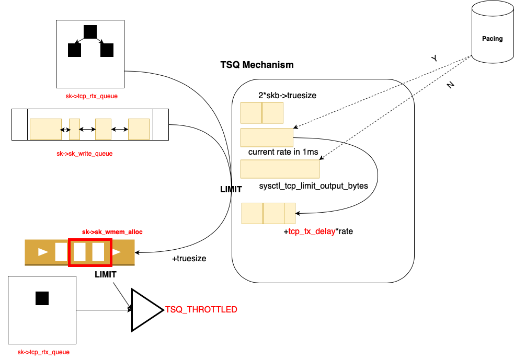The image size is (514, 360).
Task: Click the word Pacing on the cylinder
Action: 492,39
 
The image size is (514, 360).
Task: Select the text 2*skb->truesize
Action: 287,96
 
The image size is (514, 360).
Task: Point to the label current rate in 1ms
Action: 283,152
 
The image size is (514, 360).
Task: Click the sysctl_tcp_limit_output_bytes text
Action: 313,186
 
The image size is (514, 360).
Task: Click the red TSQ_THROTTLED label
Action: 201,310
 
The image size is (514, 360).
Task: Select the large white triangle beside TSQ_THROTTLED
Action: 144,310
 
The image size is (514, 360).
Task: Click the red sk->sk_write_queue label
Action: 85,154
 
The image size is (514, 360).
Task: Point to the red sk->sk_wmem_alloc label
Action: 112,231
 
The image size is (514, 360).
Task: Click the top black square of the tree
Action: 90,32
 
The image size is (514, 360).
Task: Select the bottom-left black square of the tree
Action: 74,50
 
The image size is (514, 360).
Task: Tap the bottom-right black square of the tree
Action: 107,50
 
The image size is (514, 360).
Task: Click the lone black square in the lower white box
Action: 42,298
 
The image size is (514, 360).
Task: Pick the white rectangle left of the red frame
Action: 61,252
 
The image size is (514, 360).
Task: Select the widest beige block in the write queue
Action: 45,129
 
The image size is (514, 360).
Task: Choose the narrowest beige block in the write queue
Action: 74,129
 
